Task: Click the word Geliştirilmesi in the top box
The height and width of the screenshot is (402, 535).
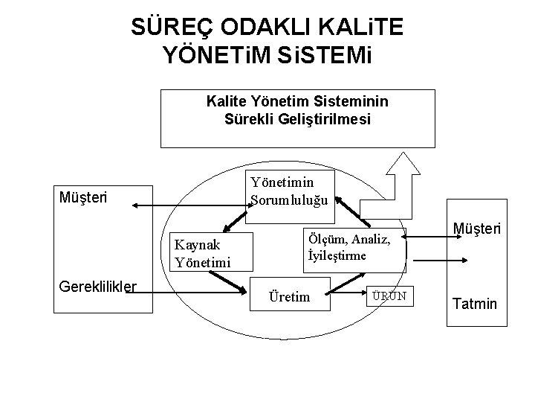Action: [x=331, y=118]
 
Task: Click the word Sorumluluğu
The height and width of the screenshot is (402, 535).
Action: [x=293, y=199]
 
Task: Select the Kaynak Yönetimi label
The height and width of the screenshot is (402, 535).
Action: [x=201, y=253]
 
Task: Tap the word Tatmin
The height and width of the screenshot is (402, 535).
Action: [x=473, y=304]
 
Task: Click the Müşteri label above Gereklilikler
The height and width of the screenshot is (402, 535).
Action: [x=82, y=198]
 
